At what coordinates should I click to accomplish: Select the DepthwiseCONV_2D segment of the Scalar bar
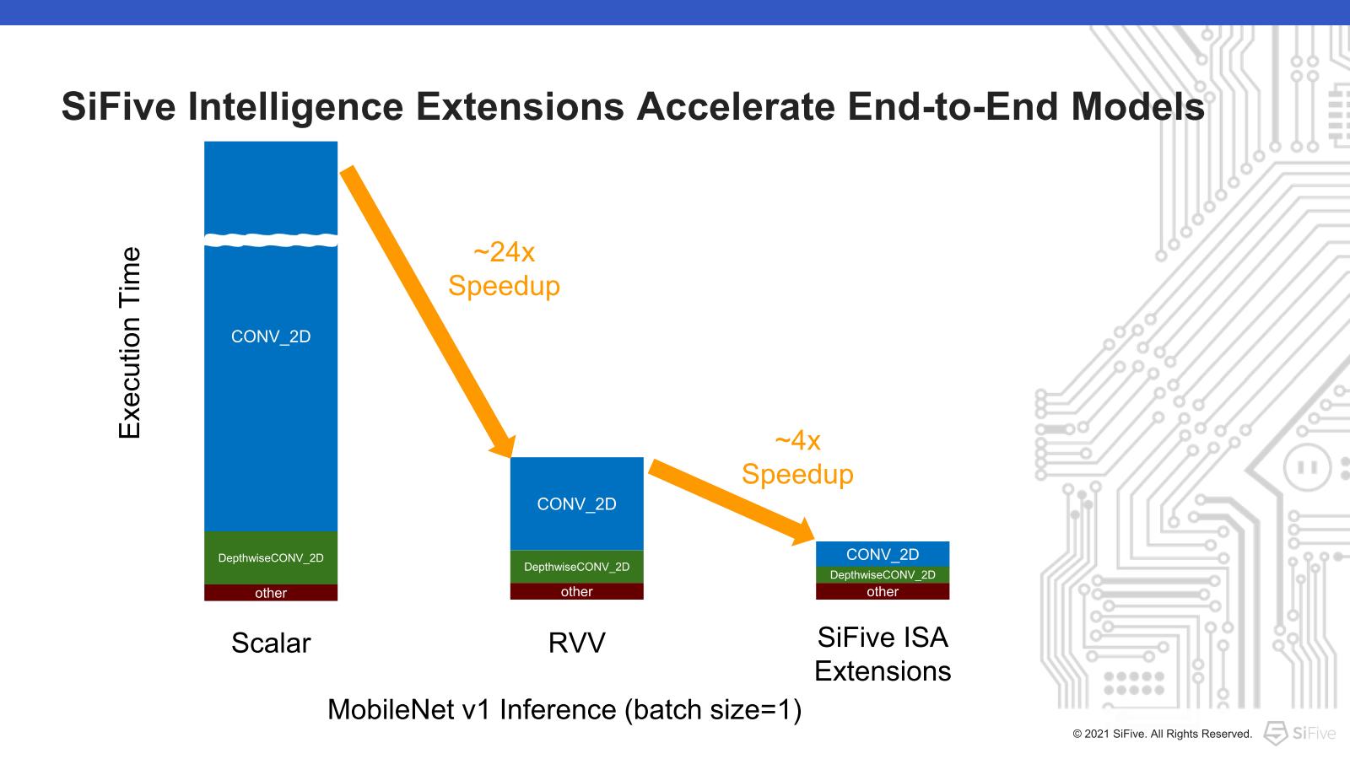(271, 557)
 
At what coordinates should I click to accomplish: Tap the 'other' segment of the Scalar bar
(271, 593)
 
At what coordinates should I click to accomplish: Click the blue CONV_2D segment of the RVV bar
(576, 503)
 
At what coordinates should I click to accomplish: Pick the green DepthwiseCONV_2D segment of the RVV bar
(576, 567)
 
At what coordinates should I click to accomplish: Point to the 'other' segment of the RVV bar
(576, 591)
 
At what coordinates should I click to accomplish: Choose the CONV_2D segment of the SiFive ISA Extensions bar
(883, 554)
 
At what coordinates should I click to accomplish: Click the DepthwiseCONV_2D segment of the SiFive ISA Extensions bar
(883, 575)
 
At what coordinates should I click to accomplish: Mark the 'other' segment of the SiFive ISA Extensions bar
(883, 591)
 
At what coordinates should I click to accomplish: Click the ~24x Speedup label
(504, 269)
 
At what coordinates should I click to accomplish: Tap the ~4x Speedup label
(797, 457)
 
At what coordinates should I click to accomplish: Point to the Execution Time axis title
(129, 342)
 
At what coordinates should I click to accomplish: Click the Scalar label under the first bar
(271, 643)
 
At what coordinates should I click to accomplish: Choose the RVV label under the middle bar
(576, 643)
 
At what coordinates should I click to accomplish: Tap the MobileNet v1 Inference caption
(564, 709)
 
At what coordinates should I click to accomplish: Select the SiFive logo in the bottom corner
(1299, 733)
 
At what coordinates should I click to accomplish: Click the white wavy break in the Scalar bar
(271, 240)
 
